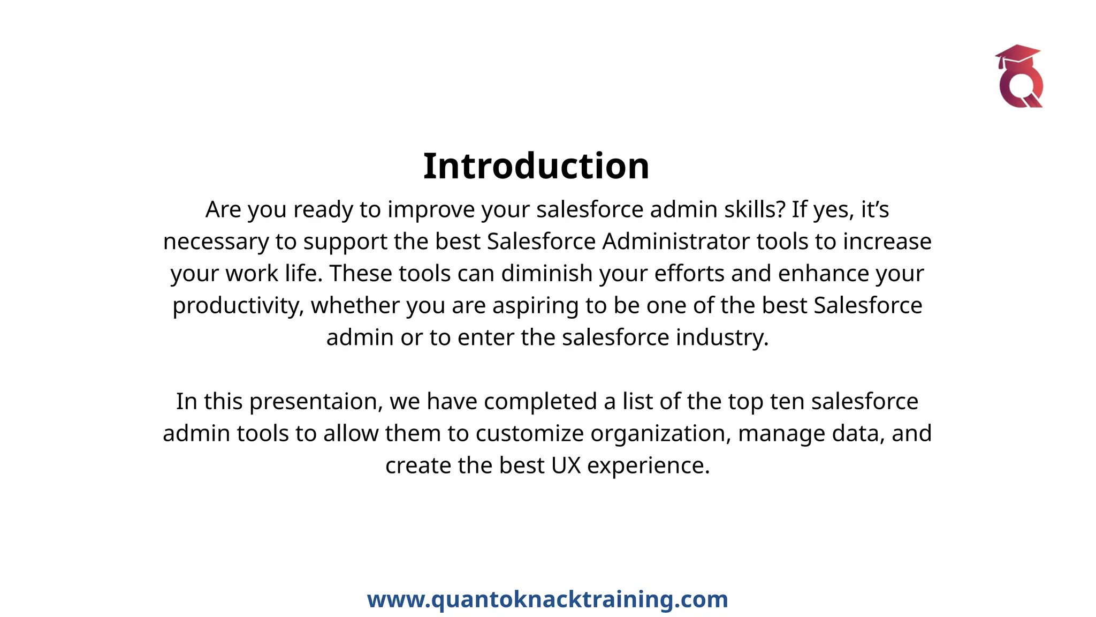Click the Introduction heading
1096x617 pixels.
coord(536,166)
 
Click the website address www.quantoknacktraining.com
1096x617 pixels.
coord(547,599)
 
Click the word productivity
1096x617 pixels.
coord(238,306)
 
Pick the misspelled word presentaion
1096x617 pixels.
coord(316,402)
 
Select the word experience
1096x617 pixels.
coord(648,465)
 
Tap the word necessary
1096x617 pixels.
coord(216,242)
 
